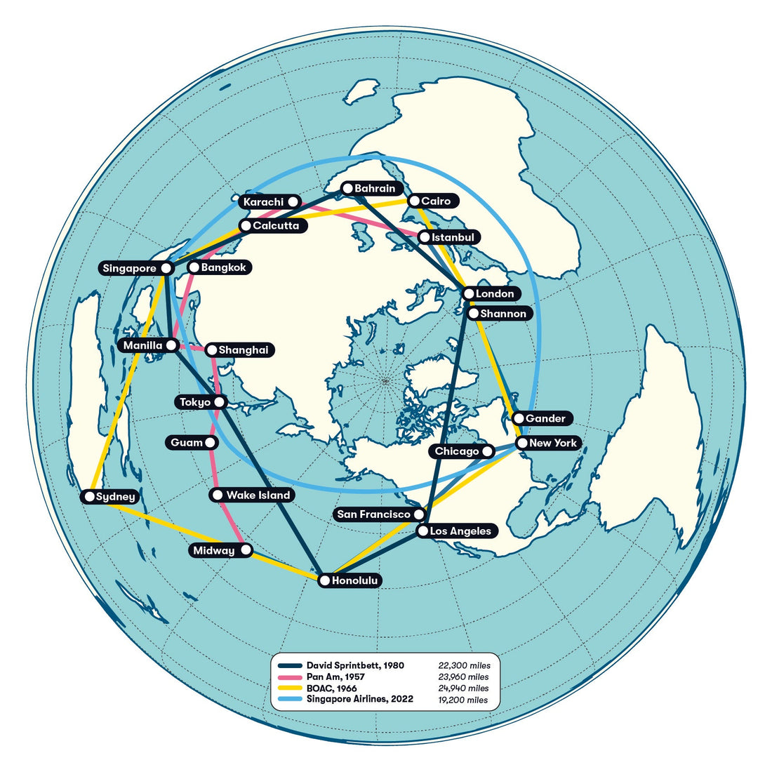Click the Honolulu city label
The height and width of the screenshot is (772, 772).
(355, 581)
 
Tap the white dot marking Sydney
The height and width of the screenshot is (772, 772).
(89, 497)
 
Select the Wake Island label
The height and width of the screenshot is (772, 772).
(258, 495)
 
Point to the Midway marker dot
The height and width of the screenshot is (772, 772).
(246, 551)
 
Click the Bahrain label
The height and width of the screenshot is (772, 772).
(375, 188)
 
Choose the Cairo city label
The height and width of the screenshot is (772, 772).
(436, 201)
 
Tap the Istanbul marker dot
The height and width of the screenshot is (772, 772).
(424, 238)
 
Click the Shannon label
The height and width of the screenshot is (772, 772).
(503, 314)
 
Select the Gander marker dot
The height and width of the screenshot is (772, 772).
(518, 418)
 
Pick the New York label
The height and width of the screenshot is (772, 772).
(553, 443)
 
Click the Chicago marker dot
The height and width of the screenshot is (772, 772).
(487, 451)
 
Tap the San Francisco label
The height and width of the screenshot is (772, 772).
(373, 514)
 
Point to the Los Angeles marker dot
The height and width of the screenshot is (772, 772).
(422, 531)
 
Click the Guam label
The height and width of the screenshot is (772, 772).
(186, 443)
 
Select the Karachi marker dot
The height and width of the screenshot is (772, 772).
(293, 202)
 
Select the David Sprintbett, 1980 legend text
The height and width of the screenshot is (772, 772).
(355, 665)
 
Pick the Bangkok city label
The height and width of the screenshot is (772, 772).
(225, 267)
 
